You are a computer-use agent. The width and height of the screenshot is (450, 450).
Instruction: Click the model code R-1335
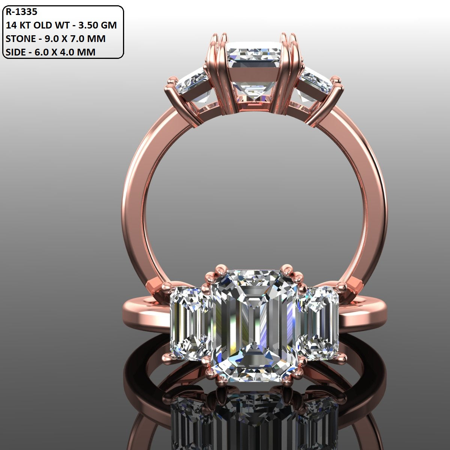(x=21, y=12)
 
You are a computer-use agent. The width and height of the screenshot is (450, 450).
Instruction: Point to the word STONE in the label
(x=21, y=38)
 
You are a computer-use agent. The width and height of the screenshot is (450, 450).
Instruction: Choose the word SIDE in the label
(x=16, y=52)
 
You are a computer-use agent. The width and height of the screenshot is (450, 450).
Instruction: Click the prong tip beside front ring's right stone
(x=341, y=287)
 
